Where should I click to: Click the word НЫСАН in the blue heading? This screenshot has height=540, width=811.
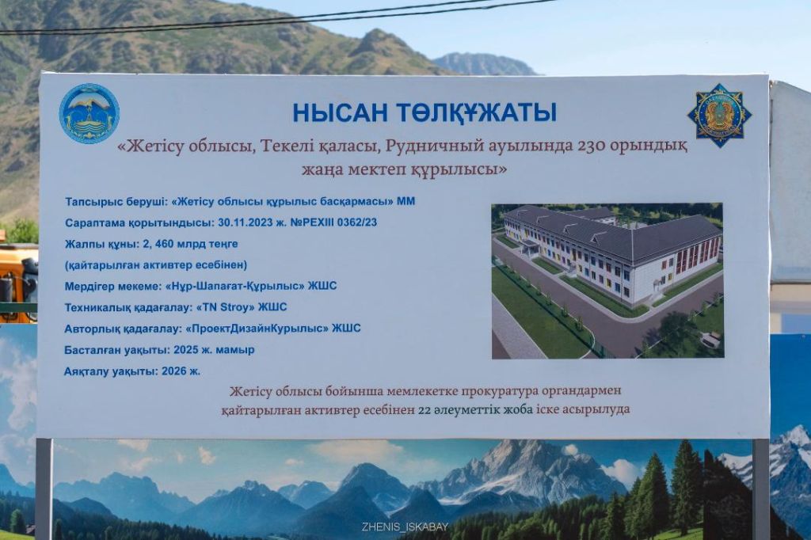coord(340,112)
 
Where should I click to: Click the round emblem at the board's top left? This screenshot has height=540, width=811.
coord(89,114)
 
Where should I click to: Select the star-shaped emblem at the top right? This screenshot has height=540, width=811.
coord(719,116)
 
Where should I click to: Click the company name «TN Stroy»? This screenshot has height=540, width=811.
coord(227,307)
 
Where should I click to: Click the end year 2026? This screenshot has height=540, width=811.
coord(173,371)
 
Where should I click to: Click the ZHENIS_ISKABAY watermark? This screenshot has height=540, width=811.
coord(405,527)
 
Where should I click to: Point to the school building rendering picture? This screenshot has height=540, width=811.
coord(607,281)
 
